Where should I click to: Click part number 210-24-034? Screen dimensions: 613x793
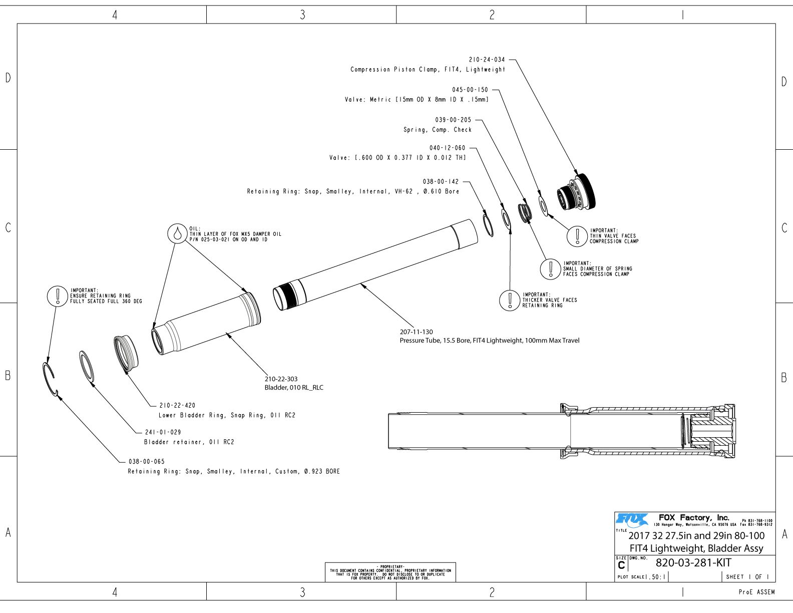click(x=487, y=60)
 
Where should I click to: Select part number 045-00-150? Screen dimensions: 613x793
click(x=470, y=90)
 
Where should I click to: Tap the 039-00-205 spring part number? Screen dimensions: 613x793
click(x=453, y=120)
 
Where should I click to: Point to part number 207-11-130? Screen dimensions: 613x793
click(x=416, y=332)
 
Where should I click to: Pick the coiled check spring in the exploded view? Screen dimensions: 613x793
click(x=525, y=212)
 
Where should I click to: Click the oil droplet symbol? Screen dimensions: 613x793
click(x=177, y=233)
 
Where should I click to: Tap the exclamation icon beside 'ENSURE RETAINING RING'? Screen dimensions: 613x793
click(x=58, y=296)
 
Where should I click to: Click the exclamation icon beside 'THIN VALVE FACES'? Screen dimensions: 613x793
click(x=577, y=236)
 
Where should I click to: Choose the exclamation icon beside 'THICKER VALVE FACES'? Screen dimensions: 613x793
click(x=510, y=300)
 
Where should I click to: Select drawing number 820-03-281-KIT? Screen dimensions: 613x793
click(x=693, y=562)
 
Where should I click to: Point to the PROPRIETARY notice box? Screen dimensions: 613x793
click(x=390, y=572)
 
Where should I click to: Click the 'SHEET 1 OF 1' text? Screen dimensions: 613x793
click(x=747, y=576)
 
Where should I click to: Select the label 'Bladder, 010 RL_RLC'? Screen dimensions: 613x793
click(x=294, y=388)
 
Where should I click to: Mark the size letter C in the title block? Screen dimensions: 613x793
click(x=621, y=565)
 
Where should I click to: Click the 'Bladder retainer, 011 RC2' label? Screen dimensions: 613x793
click(x=189, y=442)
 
